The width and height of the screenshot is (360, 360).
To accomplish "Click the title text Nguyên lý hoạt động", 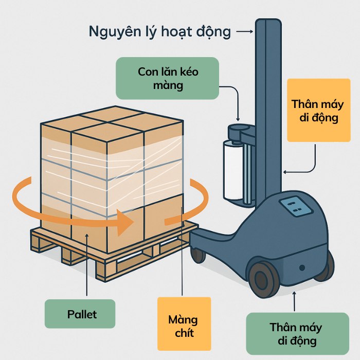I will coord(160,32).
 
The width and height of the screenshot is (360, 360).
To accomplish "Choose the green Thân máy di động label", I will coord(296,334).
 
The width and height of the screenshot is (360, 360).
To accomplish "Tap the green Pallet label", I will coord(82,314).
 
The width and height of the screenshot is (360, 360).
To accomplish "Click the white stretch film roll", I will coord(232,170).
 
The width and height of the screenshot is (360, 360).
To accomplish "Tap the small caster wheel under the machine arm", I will coord(198,255).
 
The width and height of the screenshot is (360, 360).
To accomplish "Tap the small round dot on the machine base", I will coord(302,267).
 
